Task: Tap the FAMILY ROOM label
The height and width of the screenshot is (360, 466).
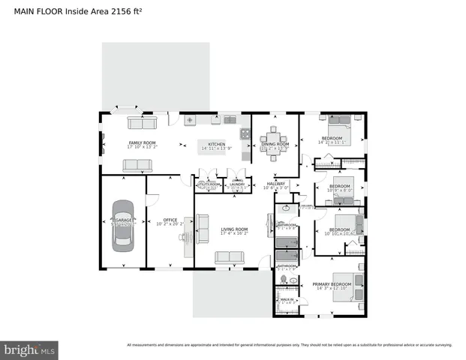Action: point(141,142)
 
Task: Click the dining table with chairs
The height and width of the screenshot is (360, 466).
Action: point(272,139)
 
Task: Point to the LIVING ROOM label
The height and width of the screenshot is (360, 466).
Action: point(233,229)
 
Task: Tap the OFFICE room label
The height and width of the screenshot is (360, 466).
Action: point(170,220)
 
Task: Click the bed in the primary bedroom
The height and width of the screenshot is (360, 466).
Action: point(347,286)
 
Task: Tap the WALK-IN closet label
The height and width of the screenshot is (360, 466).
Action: point(286,300)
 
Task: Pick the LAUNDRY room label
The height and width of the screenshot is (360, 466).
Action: point(237,184)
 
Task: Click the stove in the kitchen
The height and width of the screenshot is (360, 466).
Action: point(244,134)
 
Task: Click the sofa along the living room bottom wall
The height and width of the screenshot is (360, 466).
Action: point(229,257)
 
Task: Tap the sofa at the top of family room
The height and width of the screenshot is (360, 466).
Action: point(141,122)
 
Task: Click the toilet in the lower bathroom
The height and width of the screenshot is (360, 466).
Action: point(283,280)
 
